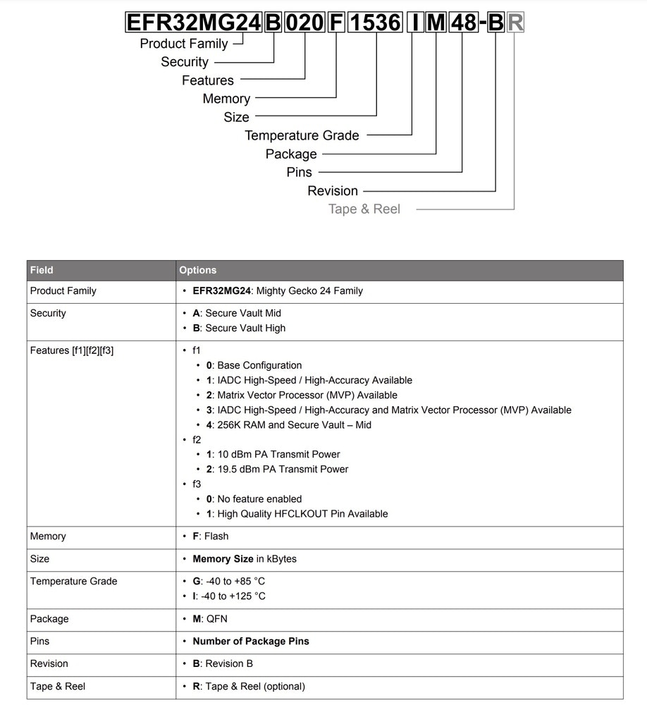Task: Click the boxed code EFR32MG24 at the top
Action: [x=193, y=23]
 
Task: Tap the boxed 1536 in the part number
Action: [x=375, y=23]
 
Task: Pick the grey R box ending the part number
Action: [x=515, y=23]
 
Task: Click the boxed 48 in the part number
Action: [x=463, y=23]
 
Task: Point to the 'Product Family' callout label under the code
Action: [x=184, y=44]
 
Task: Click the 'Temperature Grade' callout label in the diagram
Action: [x=302, y=135]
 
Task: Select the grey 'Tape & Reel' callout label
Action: [x=364, y=209]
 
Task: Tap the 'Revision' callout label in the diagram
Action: [x=333, y=190]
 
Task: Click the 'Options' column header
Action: [x=198, y=270]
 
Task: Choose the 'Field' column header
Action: [x=42, y=270]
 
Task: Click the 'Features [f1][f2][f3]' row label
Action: [x=72, y=350]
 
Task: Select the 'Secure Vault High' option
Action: [x=239, y=328]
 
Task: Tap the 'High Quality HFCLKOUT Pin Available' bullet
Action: [x=297, y=514]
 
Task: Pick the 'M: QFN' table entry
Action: [x=210, y=618]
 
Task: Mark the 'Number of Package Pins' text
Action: [x=250, y=641]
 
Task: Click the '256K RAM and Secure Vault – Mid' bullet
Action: [x=288, y=424]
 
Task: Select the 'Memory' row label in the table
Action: [x=48, y=537]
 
